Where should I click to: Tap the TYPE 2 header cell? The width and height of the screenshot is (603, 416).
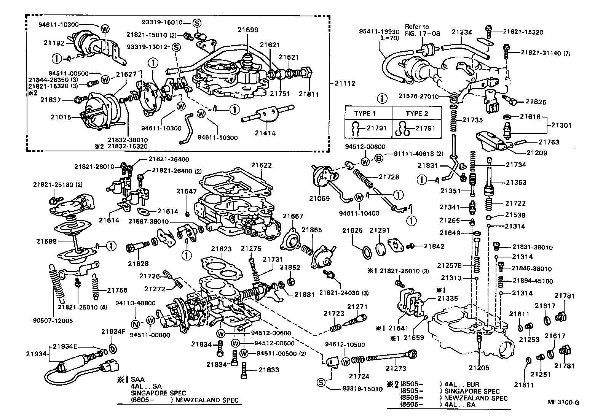pos(416,113)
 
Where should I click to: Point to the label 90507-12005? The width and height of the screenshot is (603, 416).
pos(53,321)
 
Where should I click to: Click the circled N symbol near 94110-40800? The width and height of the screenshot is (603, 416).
pos(136,324)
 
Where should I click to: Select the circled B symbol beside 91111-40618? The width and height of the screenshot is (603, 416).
pos(379,159)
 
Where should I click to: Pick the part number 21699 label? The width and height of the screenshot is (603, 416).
pos(248,30)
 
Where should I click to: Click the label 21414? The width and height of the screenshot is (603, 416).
pos(265,133)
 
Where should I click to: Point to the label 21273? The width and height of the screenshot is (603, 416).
pos(396,368)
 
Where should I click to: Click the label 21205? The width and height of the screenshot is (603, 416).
pos(479,368)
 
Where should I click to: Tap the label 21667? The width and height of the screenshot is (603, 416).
pos(293,216)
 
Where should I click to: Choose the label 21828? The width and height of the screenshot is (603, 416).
pos(138,264)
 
